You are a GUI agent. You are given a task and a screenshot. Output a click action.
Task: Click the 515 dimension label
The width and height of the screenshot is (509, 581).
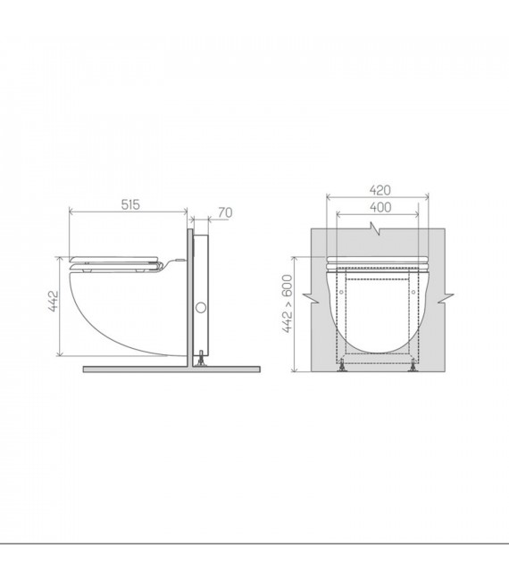pyautogui.click(x=130, y=204)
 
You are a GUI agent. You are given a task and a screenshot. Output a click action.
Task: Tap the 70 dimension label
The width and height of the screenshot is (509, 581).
pyautogui.click(x=225, y=212)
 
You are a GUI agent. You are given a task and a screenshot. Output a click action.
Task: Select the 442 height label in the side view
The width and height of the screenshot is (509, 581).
pyautogui.click(x=53, y=302)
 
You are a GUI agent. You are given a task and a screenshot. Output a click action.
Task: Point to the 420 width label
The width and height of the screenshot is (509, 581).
pyautogui.click(x=380, y=190)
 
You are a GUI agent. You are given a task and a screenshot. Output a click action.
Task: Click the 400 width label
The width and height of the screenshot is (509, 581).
pyautogui.click(x=380, y=207)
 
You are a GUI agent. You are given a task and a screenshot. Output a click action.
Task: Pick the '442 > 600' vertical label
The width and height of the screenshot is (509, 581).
pyautogui.click(x=288, y=303)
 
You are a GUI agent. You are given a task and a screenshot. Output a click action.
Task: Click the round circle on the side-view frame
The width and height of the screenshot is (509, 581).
pyautogui.click(x=201, y=307)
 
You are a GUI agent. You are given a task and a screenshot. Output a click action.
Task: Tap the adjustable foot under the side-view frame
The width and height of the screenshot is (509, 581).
pyautogui.click(x=201, y=358)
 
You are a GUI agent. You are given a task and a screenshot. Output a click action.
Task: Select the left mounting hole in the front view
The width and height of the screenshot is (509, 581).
pyautogui.click(x=341, y=293)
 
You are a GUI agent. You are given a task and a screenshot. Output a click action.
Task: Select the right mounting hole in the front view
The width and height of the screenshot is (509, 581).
pyautogui.click(x=413, y=293)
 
